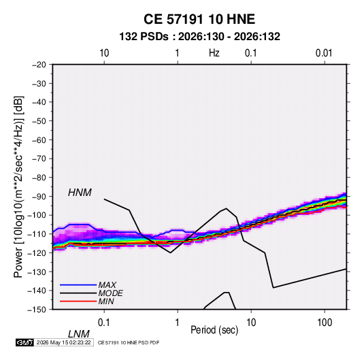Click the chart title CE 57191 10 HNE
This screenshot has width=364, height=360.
click(199, 19)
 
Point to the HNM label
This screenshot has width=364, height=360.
click(80, 193)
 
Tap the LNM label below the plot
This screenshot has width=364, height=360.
click(79, 334)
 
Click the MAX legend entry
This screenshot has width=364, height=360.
click(107, 284)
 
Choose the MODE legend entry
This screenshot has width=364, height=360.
click(110, 293)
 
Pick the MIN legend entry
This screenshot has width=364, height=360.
click(106, 301)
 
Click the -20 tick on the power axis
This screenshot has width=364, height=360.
click(39, 65)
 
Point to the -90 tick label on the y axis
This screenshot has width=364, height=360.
click(39, 197)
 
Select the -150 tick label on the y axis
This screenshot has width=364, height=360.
click(37, 310)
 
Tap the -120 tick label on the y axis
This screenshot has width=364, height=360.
click(37, 253)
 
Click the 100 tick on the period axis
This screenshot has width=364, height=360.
click(325, 323)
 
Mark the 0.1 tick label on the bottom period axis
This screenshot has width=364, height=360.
click(104, 323)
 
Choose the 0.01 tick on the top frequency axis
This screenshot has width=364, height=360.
click(324, 53)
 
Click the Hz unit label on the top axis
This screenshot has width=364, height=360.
click(214, 53)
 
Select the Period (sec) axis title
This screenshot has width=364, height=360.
click(214, 330)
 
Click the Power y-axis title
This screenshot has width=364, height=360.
click(18, 187)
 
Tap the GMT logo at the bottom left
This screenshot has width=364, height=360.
click(24, 342)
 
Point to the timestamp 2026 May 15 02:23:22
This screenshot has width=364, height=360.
click(63, 342)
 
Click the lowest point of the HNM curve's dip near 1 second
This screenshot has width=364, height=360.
click(170, 252)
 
